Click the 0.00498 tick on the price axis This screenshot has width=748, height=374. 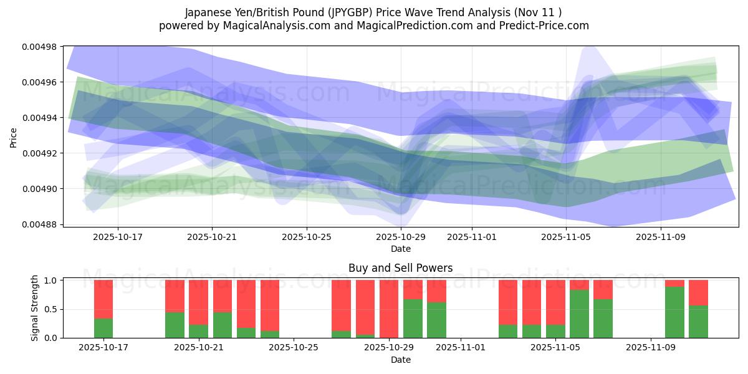pos(39,47)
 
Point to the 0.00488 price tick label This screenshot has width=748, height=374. pos(39,224)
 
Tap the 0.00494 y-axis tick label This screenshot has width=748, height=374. pos(39,118)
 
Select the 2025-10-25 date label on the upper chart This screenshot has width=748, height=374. pos(306,237)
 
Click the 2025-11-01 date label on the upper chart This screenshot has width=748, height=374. pos(472,237)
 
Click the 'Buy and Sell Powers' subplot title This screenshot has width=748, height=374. pos(400,268)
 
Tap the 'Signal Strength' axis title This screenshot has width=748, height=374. pos(35,308)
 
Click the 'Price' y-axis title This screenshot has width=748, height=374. pos(14,137)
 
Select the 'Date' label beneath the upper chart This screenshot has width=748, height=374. pos(400,249)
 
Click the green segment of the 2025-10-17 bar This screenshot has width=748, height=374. pos(103,328)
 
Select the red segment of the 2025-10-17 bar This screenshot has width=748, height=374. pos(103,299)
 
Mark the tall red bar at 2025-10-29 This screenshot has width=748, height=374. pos(389,309)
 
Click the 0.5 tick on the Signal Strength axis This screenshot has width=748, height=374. pos(52,309)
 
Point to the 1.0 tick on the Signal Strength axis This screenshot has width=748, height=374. pos(52,280)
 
